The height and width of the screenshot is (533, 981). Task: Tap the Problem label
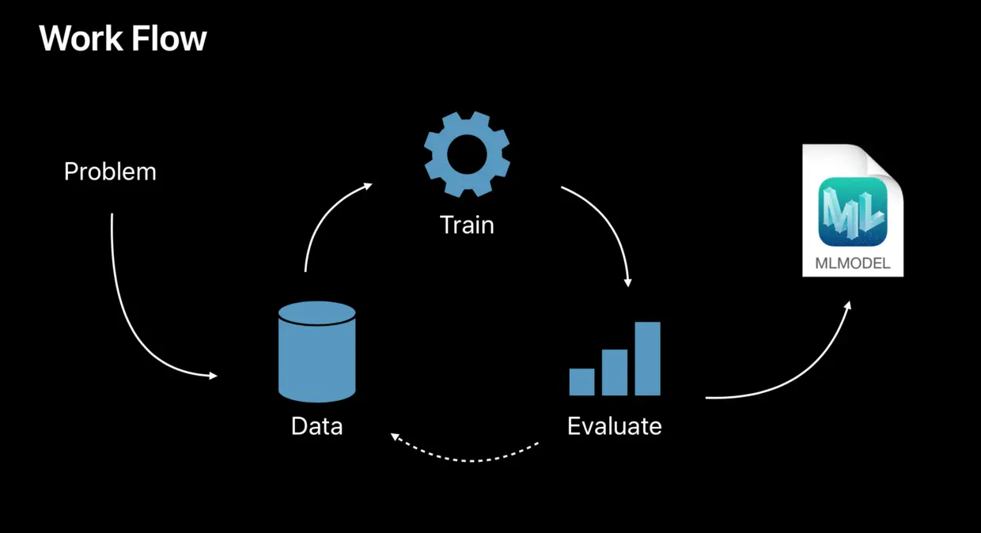pyautogui.click(x=110, y=172)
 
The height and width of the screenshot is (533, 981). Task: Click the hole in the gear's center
pyautogui.click(x=467, y=154)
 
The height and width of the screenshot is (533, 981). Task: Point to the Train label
pyautogui.click(x=467, y=225)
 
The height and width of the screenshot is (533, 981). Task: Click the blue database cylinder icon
pyautogui.click(x=316, y=352)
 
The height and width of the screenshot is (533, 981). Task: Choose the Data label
pyautogui.click(x=316, y=426)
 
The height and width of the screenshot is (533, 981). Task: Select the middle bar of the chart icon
pyautogui.click(x=615, y=372)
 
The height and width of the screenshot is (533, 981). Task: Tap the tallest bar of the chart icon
pyautogui.click(x=647, y=358)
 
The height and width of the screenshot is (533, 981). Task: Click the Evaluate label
pyautogui.click(x=614, y=426)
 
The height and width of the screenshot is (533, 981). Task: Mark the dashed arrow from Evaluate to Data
pyautogui.click(x=467, y=459)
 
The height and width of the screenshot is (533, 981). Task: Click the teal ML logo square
pyautogui.click(x=853, y=210)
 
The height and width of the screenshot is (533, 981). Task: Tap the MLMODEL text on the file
pyautogui.click(x=853, y=264)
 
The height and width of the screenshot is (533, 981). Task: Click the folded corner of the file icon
pyautogui.click(x=884, y=163)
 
